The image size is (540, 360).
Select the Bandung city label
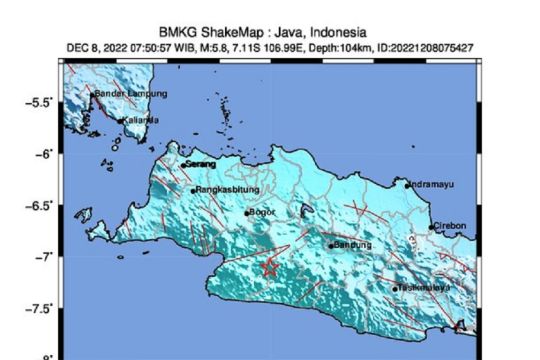pos(352,244)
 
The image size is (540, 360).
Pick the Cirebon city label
pos(450,226)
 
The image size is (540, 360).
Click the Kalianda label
pos(140,120)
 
